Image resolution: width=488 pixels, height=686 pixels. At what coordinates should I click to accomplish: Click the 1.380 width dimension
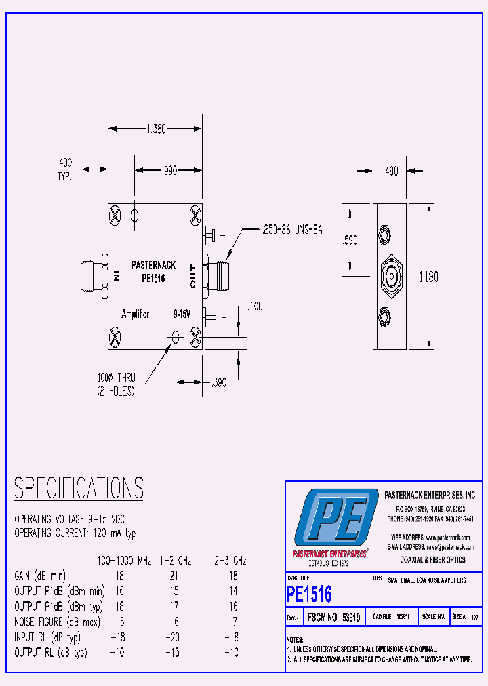tap(155, 129)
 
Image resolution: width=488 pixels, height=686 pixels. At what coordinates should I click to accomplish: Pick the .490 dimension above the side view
tap(390, 172)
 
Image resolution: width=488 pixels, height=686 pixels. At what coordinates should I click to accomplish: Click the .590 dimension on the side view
tap(350, 240)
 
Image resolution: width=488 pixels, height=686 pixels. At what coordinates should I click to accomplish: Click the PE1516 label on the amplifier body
tap(153, 278)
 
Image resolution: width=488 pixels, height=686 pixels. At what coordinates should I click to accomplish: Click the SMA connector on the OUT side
tap(218, 277)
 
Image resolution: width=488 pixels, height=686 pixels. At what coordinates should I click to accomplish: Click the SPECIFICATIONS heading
tap(79, 488)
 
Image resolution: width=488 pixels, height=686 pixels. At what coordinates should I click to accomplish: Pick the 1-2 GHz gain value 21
tap(175, 576)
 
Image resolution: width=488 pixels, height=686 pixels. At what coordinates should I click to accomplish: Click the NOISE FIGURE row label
tap(47, 622)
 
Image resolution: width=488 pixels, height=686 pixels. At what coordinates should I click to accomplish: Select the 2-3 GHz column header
tap(230, 561)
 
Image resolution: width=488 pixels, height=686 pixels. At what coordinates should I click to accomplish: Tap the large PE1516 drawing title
tap(309, 594)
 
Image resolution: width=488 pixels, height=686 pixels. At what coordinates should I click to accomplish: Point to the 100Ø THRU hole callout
tap(117, 384)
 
